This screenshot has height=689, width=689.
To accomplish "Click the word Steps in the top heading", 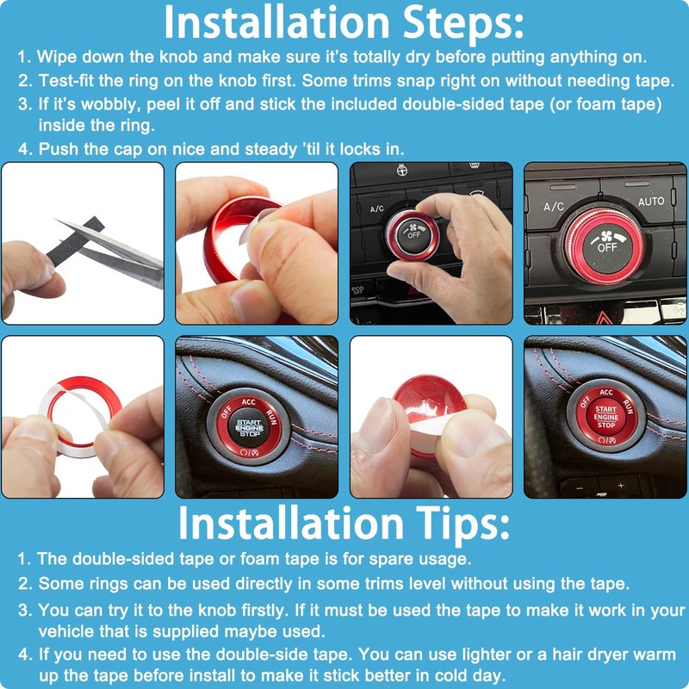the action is [x=462, y=23].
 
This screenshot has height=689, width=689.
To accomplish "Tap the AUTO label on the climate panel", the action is [x=651, y=202].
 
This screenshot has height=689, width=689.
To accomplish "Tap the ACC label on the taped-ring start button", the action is [x=248, y=401].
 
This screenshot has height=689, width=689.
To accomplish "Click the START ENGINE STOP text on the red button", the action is [x=606, y=417].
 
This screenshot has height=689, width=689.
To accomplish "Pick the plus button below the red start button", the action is [x=620, y=486].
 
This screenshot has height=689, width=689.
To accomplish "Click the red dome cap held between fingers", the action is [x=428, y=398].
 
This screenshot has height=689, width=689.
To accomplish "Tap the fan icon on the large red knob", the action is [x=607, y=235].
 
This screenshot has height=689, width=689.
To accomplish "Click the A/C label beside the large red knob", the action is [x=553, y=207].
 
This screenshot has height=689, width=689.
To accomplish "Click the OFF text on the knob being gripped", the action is [x=413, y=235].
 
